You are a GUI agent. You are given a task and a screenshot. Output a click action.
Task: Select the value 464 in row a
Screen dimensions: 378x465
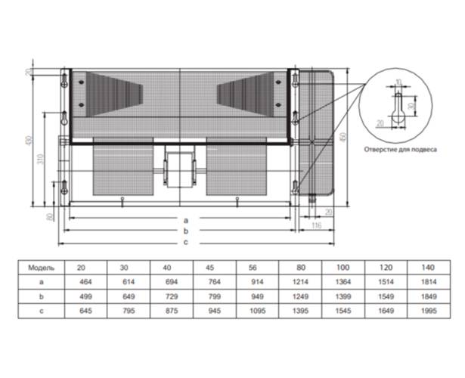tap(81, 280)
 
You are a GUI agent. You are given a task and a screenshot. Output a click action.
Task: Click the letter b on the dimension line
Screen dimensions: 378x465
tap(185, 230)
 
